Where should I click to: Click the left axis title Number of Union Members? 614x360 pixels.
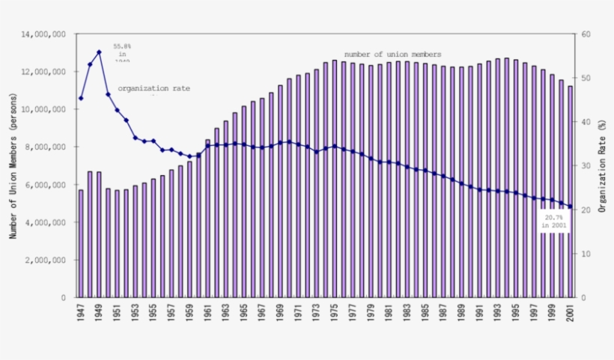13,166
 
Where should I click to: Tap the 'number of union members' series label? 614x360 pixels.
392,55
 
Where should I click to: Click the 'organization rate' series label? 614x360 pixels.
153,88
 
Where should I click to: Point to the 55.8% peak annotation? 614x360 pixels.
122,54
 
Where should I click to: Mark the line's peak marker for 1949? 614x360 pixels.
99,52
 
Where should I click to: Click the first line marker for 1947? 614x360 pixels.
81,98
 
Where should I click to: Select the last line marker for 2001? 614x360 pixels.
570,207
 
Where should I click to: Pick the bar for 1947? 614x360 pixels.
81,243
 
